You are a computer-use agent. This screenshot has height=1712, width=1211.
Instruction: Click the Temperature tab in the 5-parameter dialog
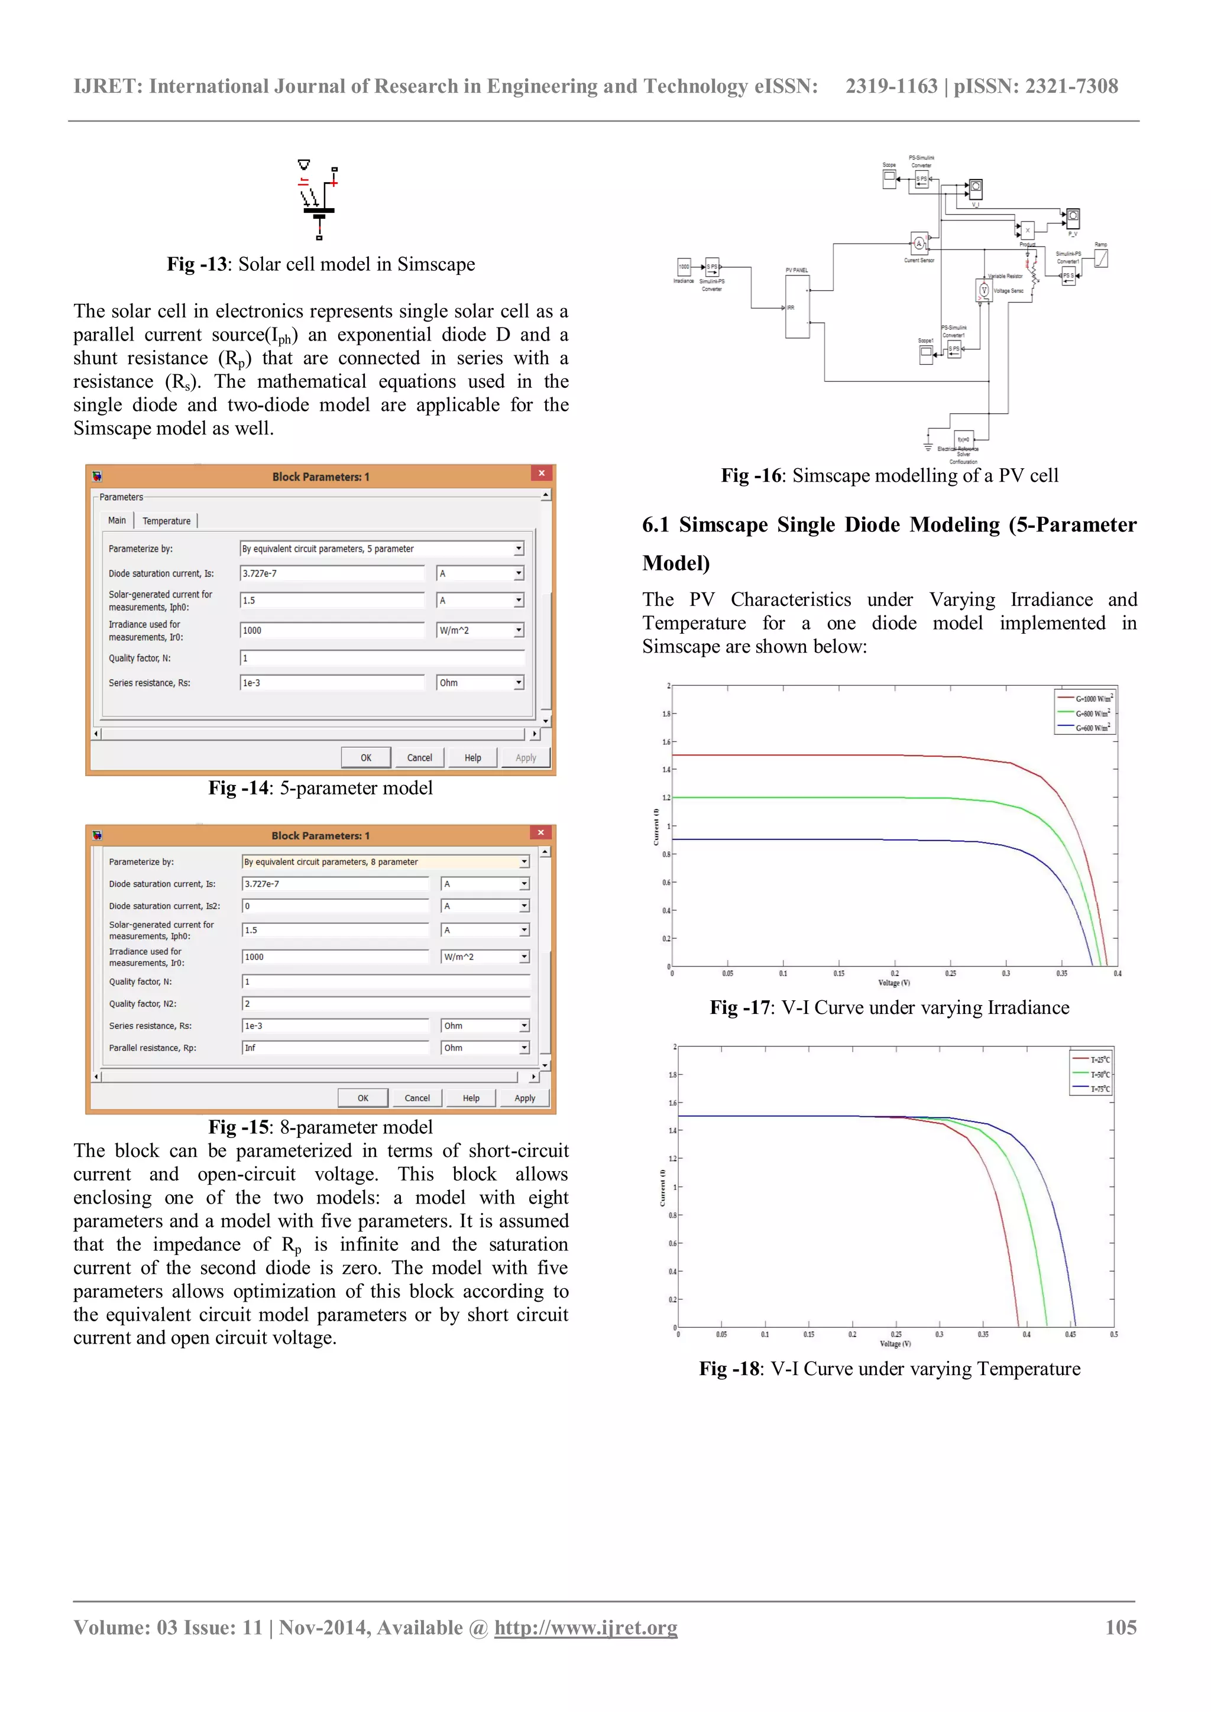click(166, 520)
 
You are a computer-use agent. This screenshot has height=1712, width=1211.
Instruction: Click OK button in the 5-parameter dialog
click(365, 758)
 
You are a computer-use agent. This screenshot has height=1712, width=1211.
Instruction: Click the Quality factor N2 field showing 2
click(385, 1004)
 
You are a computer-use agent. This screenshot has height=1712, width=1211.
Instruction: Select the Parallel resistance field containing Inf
click(335, 1048)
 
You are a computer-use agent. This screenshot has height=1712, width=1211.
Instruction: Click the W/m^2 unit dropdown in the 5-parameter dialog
click(480, 630)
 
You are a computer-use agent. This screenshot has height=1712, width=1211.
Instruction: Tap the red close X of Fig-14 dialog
click(542, 474)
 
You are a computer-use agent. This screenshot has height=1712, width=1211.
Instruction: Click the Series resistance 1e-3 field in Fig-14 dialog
click(332, 682)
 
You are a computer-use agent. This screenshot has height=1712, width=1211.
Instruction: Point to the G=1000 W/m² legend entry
click(1086, 699)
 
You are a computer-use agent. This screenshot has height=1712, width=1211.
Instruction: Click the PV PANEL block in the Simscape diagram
click(796, 306)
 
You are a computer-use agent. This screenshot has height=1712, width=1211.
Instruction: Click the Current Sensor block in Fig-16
click(919, 243)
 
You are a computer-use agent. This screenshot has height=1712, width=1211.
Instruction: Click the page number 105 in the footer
click(1120, 1627)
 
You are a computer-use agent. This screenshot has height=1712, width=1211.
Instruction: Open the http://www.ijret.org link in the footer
click(585, 1627)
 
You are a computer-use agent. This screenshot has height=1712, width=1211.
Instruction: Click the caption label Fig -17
click(740, 1007)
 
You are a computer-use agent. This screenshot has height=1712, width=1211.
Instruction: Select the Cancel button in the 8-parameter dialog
click(417, 1098)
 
